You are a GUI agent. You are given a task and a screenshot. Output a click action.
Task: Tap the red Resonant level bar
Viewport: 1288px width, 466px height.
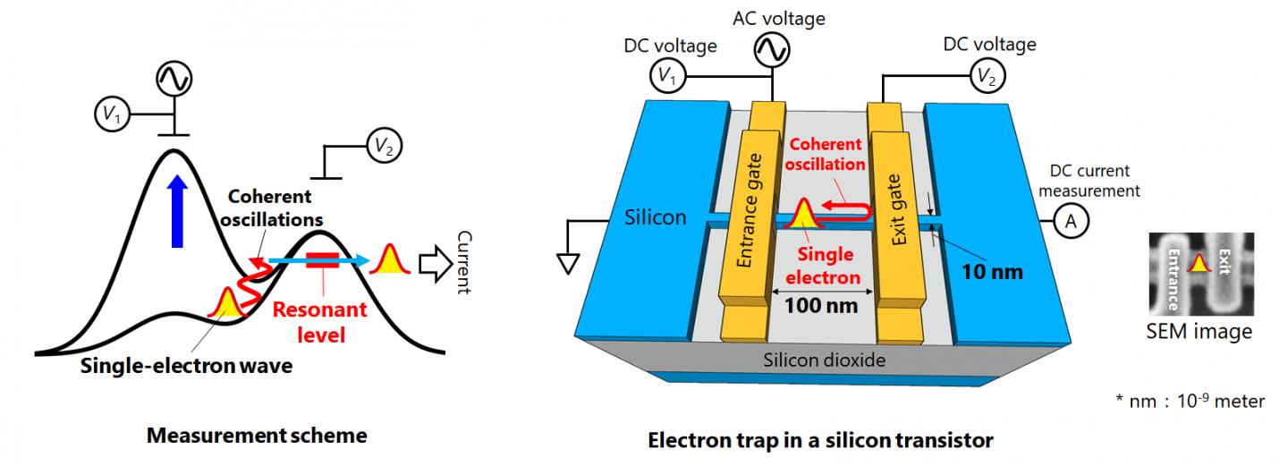click(x=321, y=260)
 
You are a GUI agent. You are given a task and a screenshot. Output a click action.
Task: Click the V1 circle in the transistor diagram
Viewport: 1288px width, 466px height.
click(x=667, y=77)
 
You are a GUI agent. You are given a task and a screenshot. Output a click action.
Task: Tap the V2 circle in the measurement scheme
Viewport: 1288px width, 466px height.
click(x=381, y=147)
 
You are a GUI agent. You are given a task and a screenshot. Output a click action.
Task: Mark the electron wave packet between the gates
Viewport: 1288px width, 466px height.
click(x=801, y=213)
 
